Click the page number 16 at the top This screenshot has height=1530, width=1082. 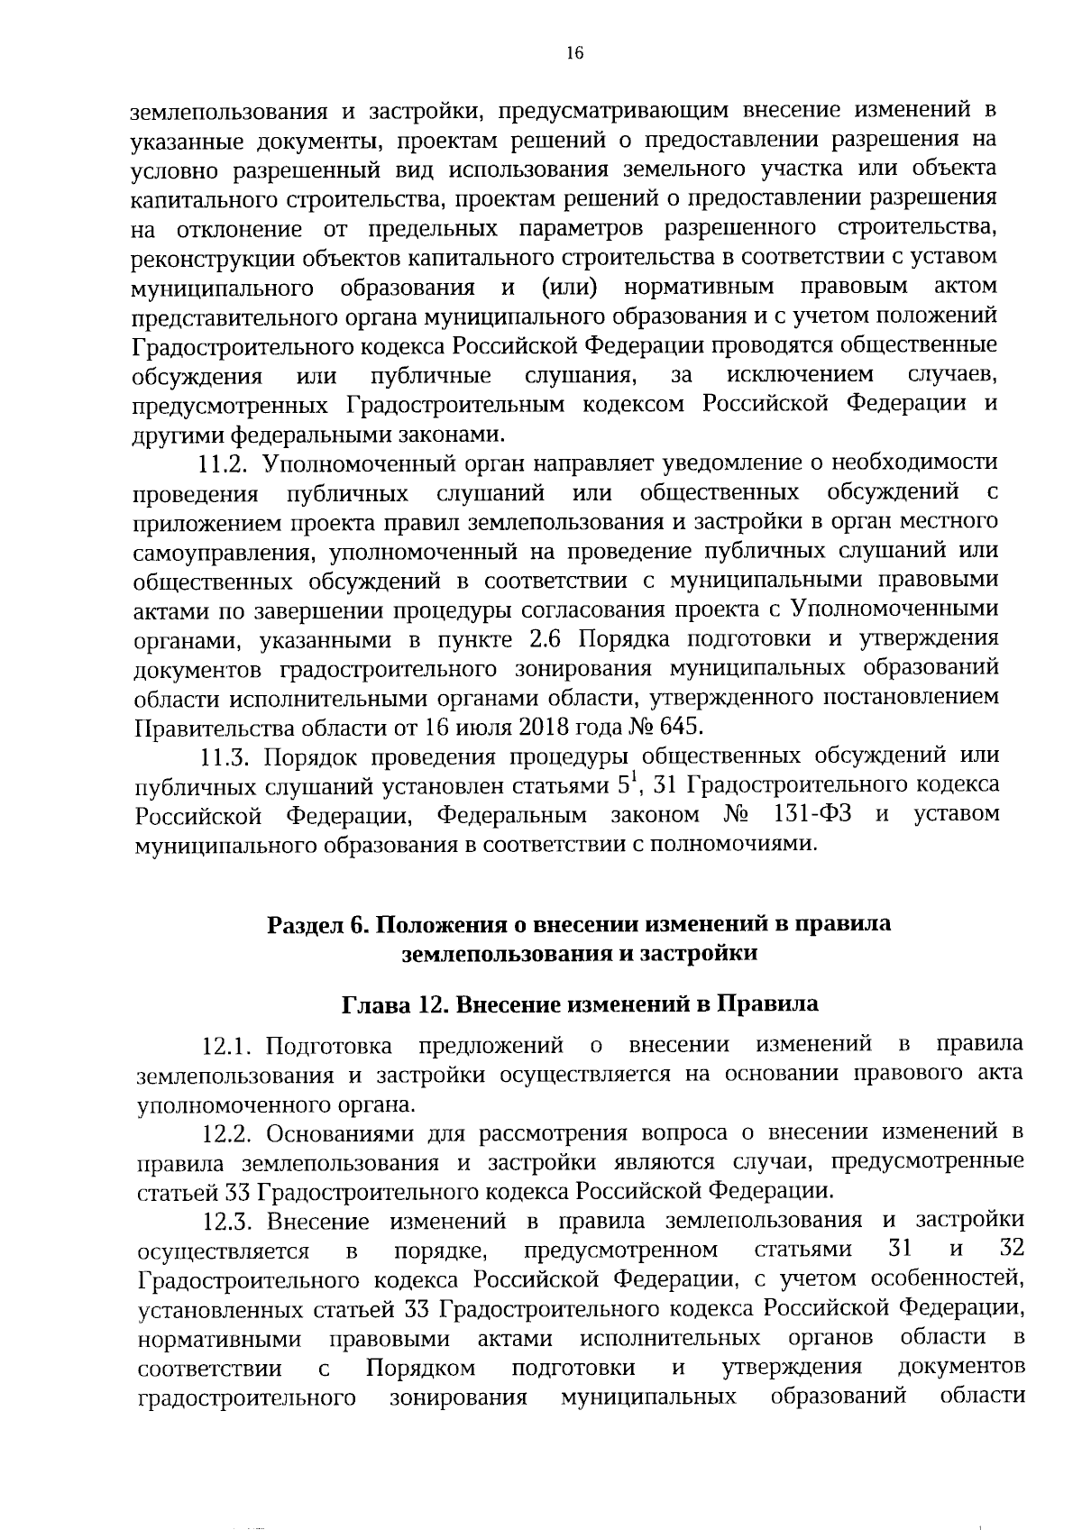pos(574,53)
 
